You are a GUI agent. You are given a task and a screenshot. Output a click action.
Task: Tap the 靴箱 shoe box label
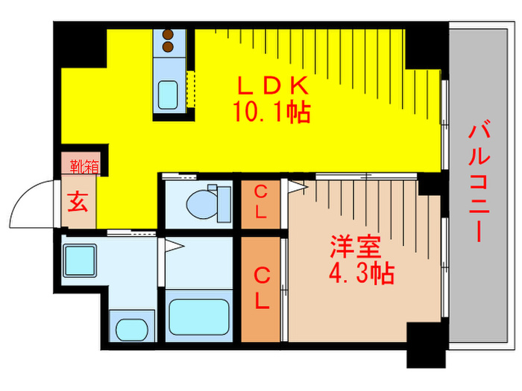[78, 166]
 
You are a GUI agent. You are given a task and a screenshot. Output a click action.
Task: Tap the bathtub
[198, 316]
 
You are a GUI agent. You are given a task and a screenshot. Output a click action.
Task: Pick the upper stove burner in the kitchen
[168, 34]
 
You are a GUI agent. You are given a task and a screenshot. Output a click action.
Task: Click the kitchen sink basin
[168, 93]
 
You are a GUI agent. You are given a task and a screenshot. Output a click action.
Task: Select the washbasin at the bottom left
[132, 328]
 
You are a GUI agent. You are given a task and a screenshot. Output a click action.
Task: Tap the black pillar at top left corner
[81, 45]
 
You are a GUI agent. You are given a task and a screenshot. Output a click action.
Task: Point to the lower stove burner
[168, 47]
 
